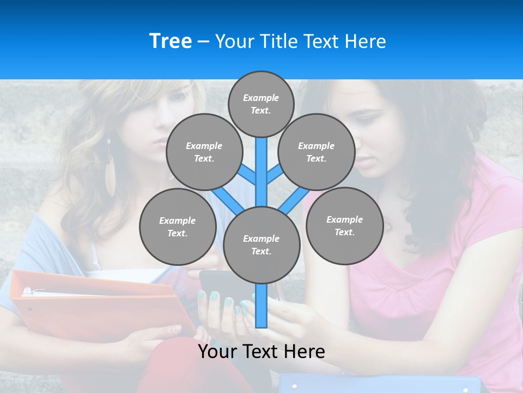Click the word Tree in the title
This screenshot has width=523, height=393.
(x=171, y=41)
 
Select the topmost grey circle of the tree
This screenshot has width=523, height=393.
(x=261, y=104)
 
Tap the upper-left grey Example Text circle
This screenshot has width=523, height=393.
(x=204, y=152)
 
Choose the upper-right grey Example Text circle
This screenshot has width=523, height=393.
(x=316, y=152)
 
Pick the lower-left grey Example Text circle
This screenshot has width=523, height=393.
(x=177, y=227)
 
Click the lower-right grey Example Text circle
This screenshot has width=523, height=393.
(x=344, y=225)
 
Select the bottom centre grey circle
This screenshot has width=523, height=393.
(x=261, y=245)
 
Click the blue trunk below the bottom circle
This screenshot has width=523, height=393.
(x=261, y=306)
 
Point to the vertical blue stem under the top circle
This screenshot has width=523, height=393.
(x=261, y=164)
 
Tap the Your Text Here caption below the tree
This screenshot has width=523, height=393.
(x=261, y=352)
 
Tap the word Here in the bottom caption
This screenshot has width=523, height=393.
(x=305, y=352)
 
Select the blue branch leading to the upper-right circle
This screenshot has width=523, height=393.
(x=274, y=174)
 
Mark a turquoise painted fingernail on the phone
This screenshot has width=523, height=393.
(x=214, y=296)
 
